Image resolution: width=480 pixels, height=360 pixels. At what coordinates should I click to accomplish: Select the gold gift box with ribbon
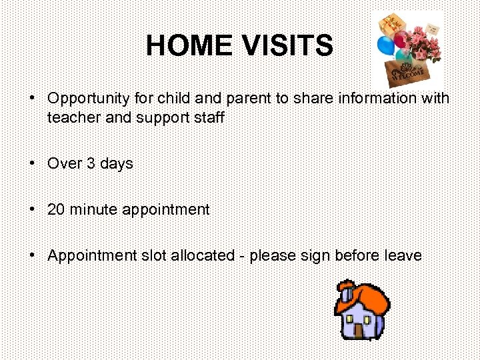tap(390, 25)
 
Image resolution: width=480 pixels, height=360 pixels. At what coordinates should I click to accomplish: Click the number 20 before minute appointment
tap(57, 209)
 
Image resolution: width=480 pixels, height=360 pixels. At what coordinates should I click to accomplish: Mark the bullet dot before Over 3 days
tap(32, 163)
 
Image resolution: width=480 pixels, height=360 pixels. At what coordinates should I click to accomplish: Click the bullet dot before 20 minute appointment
tap(32, 209)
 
